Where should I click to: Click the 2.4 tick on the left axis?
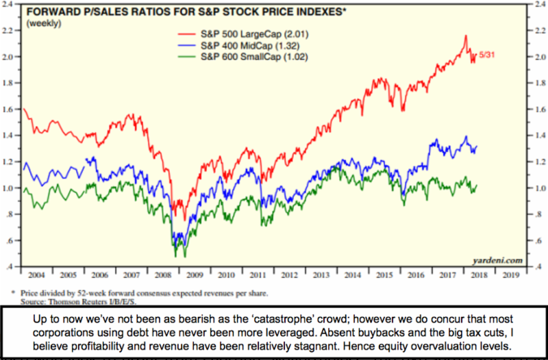(13, 5)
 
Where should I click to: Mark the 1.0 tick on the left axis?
(13, 188)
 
